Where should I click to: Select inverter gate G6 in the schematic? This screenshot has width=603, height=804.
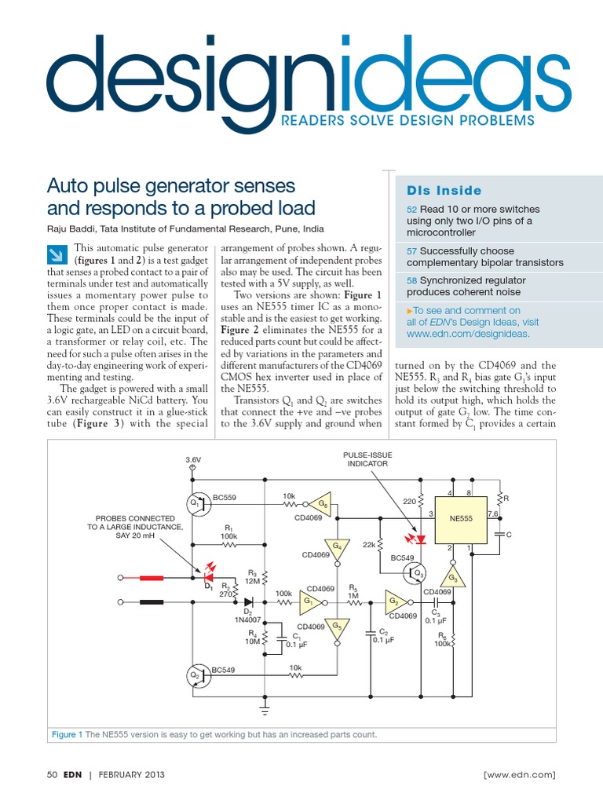(x=322, y=503)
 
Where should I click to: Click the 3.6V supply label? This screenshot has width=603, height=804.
(x=193, y=459)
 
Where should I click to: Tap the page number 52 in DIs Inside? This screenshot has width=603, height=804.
(x=411, y=210)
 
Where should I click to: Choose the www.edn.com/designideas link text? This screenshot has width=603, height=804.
(x=468, y=334)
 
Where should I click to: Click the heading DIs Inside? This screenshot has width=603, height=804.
(x=444, y=191)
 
